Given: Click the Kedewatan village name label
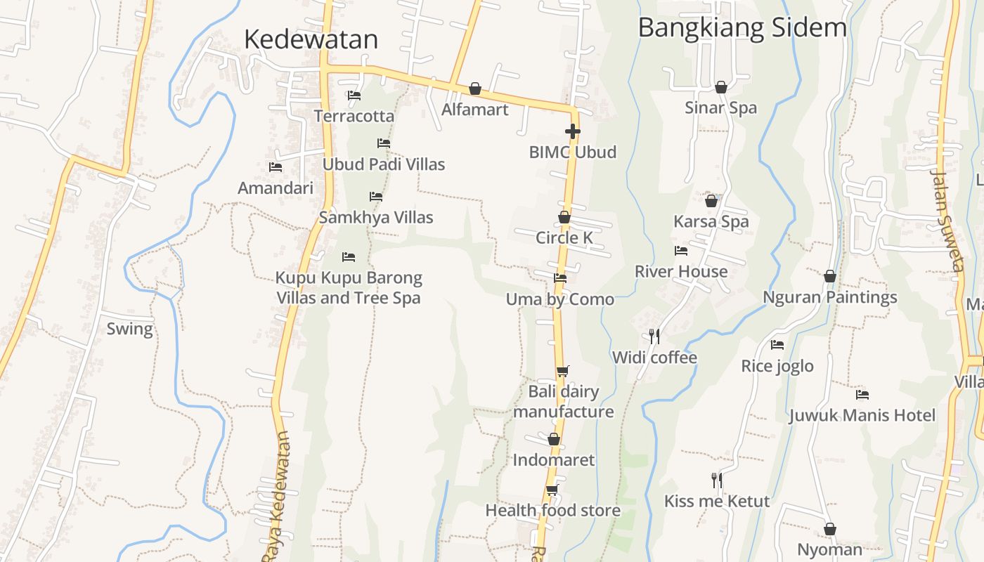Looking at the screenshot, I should pos(311,39).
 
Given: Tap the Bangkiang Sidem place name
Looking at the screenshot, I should pos(742,27).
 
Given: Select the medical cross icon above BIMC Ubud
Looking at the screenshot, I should pos(573,131).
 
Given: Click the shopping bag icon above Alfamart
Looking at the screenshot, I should pos(475,89).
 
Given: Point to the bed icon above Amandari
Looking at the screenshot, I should pos(276,167).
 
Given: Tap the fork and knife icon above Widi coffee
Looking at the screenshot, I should pos(654,336).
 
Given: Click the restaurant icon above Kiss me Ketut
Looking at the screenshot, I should pos(717,481).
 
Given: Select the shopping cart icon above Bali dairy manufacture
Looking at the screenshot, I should pos(562,371).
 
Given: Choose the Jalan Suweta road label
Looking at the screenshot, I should pos(947,220).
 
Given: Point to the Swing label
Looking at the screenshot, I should pos(129,329).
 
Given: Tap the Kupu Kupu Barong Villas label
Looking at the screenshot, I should pos(349,287).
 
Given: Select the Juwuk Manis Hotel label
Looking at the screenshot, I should pos(862,415).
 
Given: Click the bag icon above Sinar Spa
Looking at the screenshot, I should pos(720,87).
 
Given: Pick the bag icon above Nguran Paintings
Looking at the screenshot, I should pos(830,276).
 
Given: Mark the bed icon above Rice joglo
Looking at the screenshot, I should pos(777,345).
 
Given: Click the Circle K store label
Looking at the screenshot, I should pos(564,237).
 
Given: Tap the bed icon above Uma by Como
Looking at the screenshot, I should pos(560,278).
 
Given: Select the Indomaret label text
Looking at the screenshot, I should pos(553,460).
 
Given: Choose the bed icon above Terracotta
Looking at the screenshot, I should pos(354,96).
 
